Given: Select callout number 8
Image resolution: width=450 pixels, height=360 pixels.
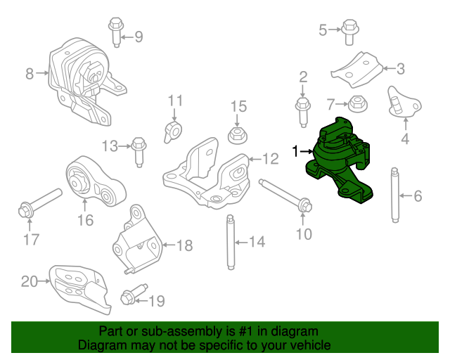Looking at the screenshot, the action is coord(30,72).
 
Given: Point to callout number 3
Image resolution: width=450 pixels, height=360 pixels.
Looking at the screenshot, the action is coord(400,69).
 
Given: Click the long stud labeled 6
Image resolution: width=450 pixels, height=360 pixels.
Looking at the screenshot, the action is coord(396,196).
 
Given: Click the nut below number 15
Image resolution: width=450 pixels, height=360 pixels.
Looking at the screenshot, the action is coord(238,134).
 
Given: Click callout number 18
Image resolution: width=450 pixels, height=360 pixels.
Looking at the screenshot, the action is coord(184,245).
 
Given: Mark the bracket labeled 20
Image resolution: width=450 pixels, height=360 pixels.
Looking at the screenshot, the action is coord(77,286).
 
